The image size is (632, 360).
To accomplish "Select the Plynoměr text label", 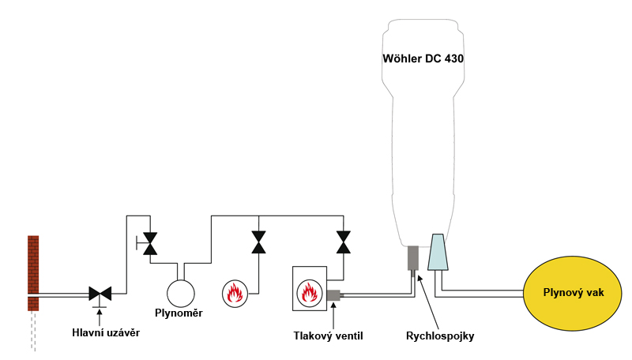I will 180,313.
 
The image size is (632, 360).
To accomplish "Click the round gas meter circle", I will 180,293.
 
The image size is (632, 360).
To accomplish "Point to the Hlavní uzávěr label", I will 100,332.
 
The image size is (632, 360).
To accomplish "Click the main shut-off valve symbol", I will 100,293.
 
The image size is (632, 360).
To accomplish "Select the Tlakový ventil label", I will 328,336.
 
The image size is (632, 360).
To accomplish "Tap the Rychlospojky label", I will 440,336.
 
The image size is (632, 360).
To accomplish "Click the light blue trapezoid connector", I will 438,253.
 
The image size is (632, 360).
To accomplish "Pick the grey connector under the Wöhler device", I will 412,258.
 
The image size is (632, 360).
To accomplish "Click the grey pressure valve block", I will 333,295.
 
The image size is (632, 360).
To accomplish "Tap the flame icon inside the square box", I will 309,293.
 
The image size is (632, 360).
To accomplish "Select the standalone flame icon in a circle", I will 235,293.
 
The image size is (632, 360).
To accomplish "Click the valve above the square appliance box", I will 343,242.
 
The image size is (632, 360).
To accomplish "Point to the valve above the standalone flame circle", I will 258,242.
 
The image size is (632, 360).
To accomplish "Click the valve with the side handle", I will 149,244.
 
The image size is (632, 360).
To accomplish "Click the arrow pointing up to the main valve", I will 100,313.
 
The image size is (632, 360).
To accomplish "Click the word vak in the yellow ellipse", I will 595,293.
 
